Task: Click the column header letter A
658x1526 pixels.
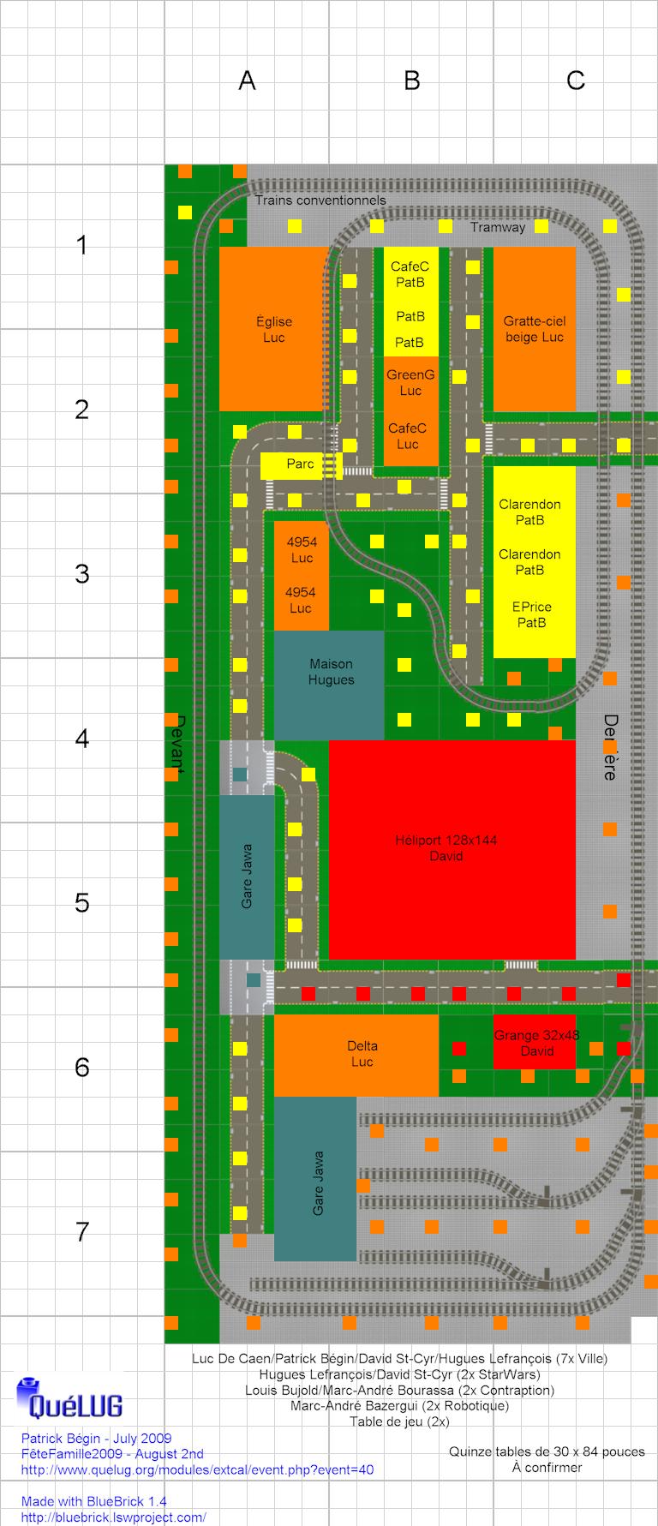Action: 247,81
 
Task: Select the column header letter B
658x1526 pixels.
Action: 412,81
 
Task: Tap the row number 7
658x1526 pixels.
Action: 82,1232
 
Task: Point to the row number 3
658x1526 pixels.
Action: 82,574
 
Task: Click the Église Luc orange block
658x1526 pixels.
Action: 274,329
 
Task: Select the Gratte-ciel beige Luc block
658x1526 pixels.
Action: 535,329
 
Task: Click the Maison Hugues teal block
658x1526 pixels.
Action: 329,685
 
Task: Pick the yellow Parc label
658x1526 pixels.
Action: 301,465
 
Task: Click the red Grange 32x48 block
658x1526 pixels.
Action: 535,1042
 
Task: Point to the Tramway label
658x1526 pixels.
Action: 498,228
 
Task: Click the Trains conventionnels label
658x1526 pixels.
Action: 320,200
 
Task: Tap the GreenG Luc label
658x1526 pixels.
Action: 410,383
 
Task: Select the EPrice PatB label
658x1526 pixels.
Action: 532,615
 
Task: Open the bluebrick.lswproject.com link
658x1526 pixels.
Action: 114,1517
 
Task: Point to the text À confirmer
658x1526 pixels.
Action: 547,1468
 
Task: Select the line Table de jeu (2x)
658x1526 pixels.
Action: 399,1421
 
